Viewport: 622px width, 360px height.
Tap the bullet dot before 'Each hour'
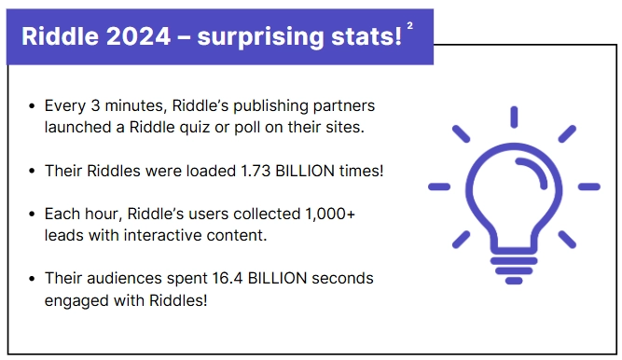coord(34,215)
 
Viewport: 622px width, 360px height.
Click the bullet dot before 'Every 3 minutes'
coord(34,105)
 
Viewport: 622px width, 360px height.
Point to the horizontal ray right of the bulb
coord(589,187)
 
